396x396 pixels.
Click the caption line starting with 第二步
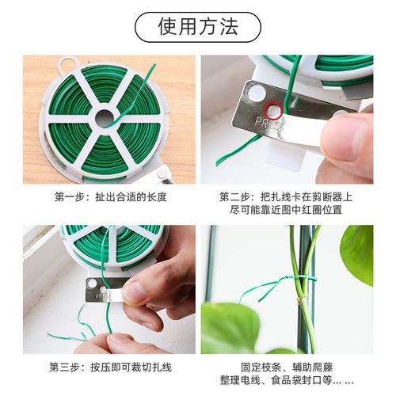[x=286, y=196]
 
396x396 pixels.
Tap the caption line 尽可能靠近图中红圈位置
[x=286, y=209]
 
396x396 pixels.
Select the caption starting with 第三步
[x=110, y=367]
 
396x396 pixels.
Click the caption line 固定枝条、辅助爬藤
[x=286, y=367]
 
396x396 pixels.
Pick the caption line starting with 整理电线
[x=286, y=380]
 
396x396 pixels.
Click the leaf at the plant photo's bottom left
[x=230, y=329]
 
